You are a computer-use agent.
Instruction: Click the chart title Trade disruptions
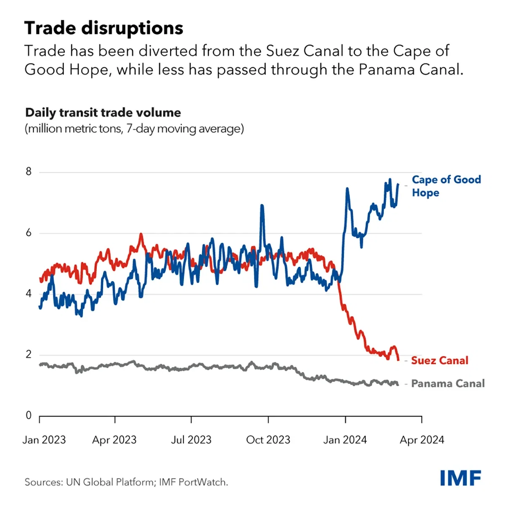pos(104,28)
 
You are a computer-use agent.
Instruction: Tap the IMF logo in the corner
pos(460,478)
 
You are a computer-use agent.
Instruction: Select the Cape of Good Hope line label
pos(446,186)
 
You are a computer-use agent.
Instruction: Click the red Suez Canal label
pos(439,360)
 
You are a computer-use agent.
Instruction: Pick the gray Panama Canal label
pos(447,383)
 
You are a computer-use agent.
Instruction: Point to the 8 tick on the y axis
pos(29,172)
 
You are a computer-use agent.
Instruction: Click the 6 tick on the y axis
pos(29,233)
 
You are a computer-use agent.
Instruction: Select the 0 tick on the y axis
pos(29,415)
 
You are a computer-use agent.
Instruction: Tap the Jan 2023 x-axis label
pos(44,440)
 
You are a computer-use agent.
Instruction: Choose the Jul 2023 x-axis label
pos(191,440)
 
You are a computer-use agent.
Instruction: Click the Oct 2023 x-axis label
pos(268,440)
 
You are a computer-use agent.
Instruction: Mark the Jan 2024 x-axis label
pos(345,440)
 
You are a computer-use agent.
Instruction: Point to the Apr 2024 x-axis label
pos(422,440)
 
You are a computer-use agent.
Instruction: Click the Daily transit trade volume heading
pos(103,113)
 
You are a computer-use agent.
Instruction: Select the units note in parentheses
pos(134,128)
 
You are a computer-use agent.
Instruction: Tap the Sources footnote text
pos(126,482)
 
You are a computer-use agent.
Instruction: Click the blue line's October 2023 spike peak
pos(262,205)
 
